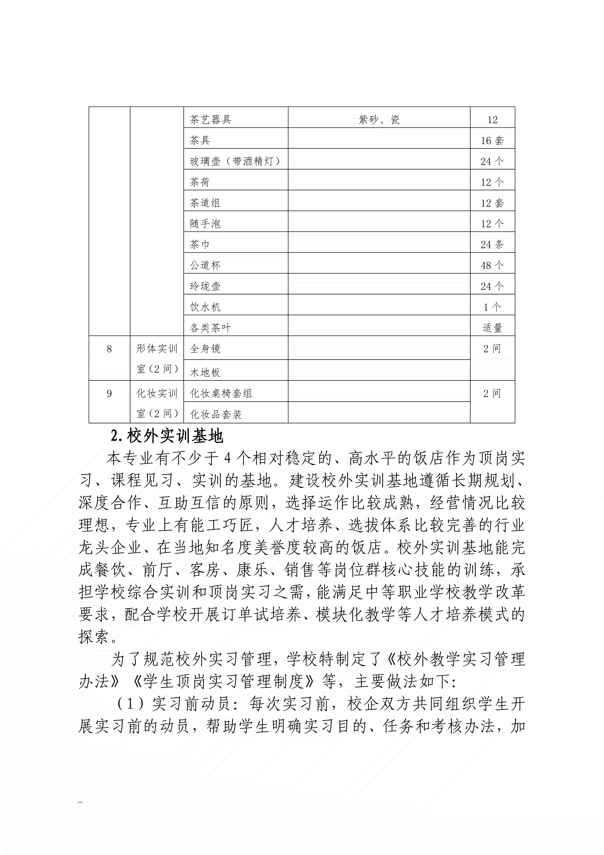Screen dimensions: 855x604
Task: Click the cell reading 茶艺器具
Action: (210, 120)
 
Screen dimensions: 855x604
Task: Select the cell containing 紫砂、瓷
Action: (379, 120)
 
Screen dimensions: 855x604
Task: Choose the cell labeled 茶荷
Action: (200, 182)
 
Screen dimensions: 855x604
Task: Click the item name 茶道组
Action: (205, 203)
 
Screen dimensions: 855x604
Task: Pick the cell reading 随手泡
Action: (205, 224)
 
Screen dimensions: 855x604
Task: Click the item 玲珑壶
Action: (205, 286)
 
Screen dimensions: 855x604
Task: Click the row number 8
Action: (109, 349)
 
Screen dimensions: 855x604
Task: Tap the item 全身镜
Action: (205, 349)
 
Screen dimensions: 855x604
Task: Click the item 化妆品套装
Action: (216, 414)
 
